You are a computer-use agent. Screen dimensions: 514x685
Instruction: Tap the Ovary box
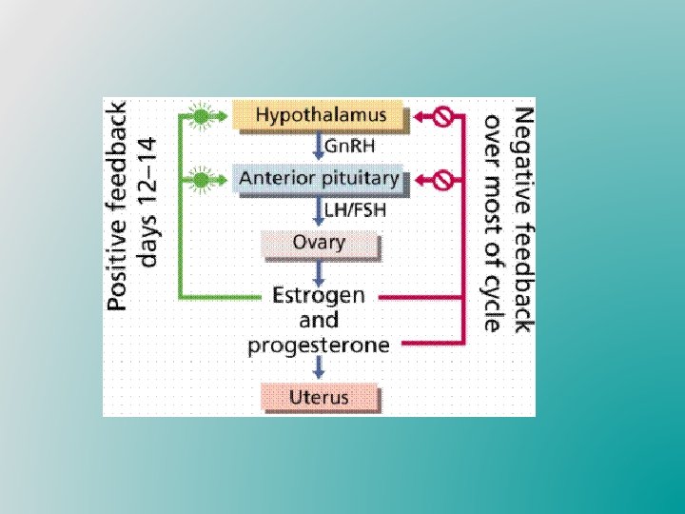319,243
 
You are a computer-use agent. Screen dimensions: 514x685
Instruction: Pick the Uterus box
319,396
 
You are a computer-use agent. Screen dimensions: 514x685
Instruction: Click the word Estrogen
319,296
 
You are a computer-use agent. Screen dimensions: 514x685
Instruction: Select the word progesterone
319,345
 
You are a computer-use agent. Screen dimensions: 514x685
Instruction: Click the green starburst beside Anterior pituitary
201,178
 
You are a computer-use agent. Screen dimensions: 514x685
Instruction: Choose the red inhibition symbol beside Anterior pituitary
441,179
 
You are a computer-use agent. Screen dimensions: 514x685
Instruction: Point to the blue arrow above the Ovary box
319,210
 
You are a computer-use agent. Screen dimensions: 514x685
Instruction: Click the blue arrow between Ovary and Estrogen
319,270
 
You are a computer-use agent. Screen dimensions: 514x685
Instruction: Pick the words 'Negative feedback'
522,219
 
